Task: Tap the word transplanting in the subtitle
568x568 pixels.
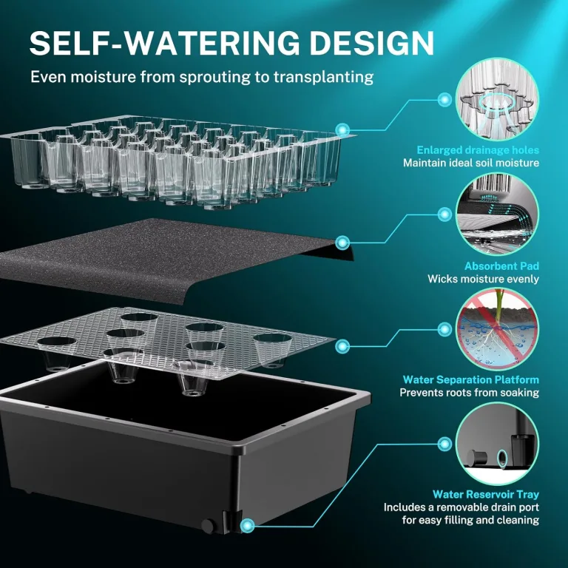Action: click(323, 78)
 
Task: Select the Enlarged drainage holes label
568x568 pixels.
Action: click(478, 150)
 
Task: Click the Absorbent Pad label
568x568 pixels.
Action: click(501, 266)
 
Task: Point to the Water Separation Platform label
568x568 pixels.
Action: click(471, 379)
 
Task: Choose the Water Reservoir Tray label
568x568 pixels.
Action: click(486, 494)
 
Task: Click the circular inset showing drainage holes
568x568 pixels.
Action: click(497, 99)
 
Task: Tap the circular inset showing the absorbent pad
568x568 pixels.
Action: click(497, 214)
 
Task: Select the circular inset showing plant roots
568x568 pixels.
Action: click(497, 328)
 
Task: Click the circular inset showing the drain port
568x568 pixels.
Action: click(497, 444)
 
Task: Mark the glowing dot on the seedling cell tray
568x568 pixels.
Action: click(342, 129)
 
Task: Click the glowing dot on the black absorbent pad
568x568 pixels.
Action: click(342, 243)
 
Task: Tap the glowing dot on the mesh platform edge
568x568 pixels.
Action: click(342, 346)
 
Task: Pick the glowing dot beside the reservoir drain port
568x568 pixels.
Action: click(248, 525)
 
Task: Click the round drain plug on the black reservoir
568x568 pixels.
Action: click(208, 526)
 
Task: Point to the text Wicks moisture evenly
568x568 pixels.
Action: click(483, 279)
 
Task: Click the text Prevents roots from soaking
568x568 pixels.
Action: click(470, 393)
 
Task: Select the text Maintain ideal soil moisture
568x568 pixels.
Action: click(471, 163)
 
